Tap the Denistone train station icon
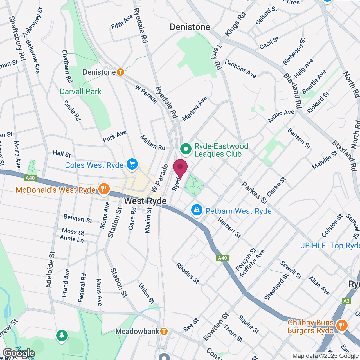point(120,72)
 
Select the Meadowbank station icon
point(164,331)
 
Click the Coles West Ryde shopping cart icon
point(132,164)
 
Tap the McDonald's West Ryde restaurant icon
point(104,189)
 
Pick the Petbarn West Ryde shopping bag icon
point(197,210)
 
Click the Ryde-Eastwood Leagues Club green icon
point(186,149)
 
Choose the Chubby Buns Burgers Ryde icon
point(342,326)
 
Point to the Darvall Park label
point(81,91)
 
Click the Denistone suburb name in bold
point(190,27)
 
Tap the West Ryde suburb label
point(145,201)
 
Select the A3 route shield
point(346,301)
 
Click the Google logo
point(19,353)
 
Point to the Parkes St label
point(255,193)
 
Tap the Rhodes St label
point(188,273)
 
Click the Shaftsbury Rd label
point(17,38)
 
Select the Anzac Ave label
point(281,116)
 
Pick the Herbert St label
point(229,228)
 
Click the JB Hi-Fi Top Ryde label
point(330,246)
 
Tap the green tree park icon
point(62,336)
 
